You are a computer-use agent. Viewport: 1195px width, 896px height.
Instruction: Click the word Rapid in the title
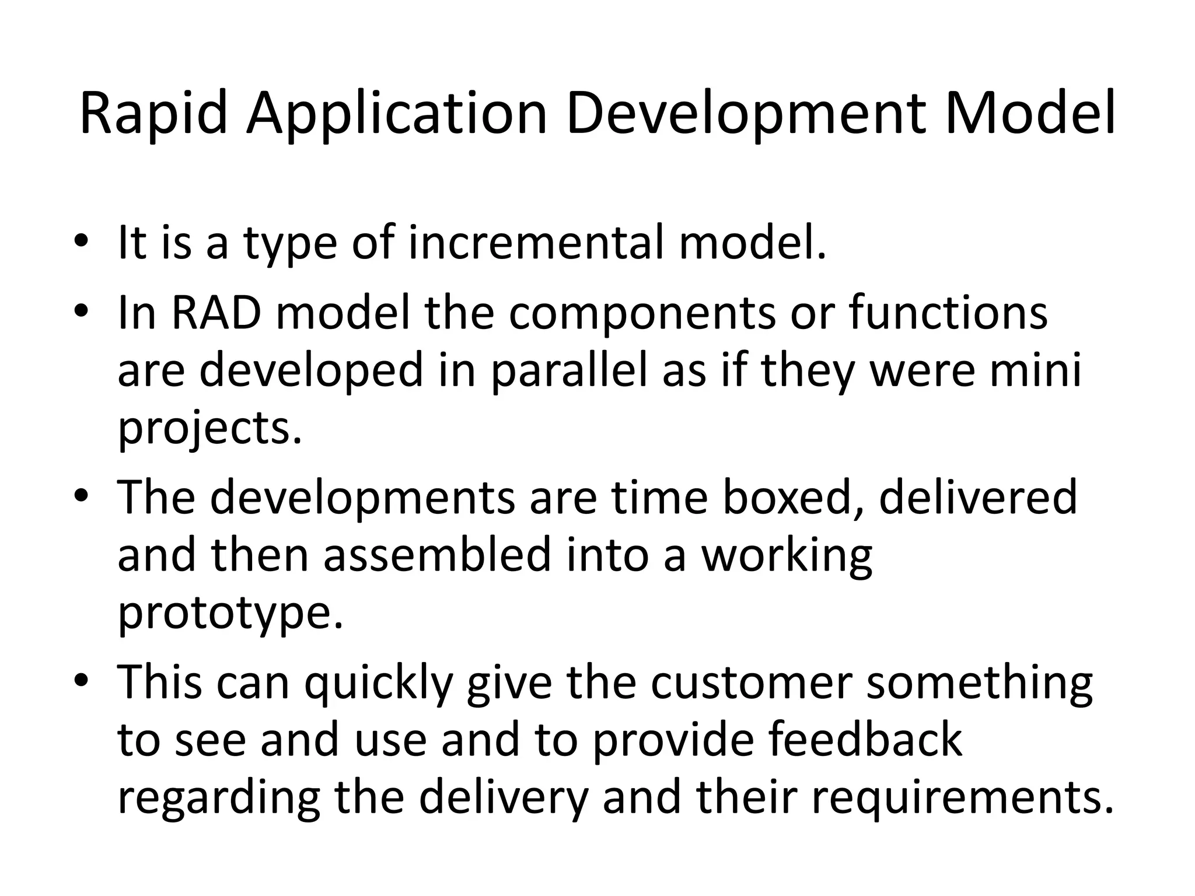[x=153, y=114]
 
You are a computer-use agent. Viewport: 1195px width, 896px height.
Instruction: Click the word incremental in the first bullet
[x=536, y=242]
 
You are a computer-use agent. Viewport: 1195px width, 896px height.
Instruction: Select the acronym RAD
[x=215, y=313]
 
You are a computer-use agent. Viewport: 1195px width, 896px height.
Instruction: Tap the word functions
[x=948, y=313]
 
